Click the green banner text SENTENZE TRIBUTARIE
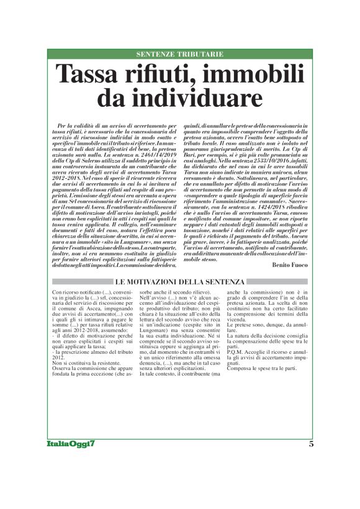tap(179, 55)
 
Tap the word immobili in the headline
tap(250, 76)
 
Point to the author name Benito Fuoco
tap(289, 264)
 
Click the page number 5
tap(311, 443)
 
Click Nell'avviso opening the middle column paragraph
tap(153, 298)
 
